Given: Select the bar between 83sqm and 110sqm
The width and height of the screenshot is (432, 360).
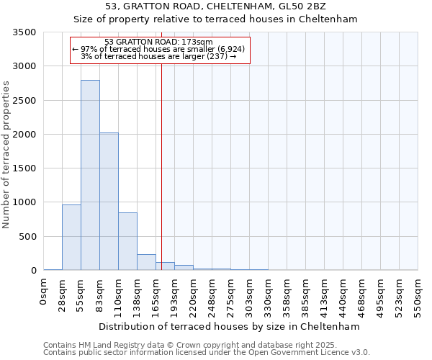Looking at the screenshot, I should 109,202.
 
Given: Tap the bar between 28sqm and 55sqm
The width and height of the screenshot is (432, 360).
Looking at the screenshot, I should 71,238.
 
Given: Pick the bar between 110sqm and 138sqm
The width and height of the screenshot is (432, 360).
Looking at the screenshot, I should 127,241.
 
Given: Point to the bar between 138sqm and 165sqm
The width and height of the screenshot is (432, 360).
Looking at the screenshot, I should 146,262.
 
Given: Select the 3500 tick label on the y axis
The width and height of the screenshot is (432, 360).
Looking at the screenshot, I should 24,33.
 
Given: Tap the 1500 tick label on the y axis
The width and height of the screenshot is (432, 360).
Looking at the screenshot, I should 24,168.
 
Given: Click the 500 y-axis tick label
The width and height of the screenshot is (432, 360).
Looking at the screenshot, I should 27,237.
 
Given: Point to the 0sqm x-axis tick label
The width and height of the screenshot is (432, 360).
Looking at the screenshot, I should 44,292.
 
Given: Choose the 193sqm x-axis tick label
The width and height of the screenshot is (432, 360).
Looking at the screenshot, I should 175,294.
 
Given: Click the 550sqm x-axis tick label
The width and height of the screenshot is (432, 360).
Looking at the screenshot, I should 418,294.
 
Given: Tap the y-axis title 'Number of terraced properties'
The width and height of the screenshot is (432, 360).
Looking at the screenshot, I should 6,154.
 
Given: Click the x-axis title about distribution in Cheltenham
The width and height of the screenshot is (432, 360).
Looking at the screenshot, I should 229,326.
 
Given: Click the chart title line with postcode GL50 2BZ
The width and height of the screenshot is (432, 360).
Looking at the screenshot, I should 216,6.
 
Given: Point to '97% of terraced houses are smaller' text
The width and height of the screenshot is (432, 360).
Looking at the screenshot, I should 159,49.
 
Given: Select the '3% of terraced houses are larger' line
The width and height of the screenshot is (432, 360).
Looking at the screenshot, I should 158,56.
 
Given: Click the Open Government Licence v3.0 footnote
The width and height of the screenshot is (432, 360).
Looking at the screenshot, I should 207,353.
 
